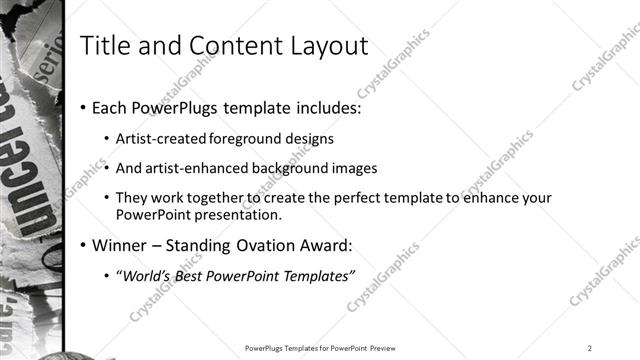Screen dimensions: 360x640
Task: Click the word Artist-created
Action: [161, 138]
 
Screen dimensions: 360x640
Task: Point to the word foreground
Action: [245, 138]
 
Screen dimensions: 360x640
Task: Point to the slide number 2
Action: [590, 348]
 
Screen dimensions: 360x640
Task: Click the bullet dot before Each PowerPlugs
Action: [83, 108]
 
